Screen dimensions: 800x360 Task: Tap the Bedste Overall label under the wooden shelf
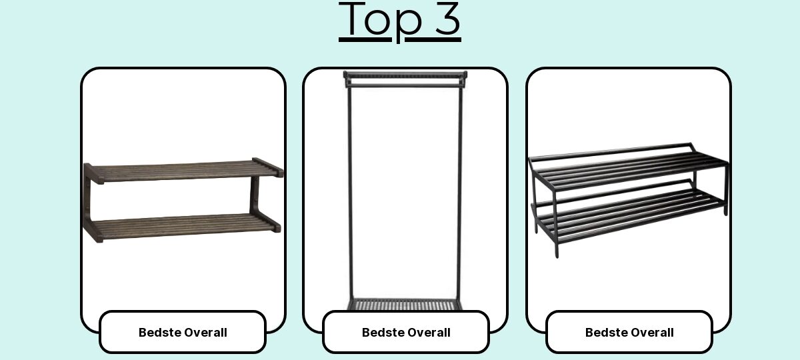[183, 333]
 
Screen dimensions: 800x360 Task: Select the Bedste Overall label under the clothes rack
[406, 333]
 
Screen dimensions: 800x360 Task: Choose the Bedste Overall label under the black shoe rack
[629, 333]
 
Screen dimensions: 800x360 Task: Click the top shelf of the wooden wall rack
[183, 171]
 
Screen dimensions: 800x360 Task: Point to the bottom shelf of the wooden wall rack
[182, 227]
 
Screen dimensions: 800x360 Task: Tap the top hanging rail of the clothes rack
[405, 75]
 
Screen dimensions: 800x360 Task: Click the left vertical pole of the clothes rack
[350, 193]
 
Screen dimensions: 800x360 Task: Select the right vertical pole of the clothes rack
[459, 193]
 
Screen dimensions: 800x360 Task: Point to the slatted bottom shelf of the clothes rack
[404, 305]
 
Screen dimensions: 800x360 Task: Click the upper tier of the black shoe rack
[629, 168]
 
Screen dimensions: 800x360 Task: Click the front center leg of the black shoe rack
[556, 223]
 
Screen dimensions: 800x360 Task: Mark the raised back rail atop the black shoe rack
[611, 151]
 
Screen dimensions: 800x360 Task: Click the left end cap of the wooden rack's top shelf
[93, 173]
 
